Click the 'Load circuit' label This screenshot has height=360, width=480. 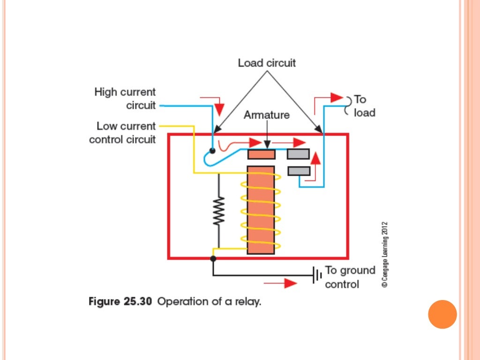pyautogui.click(x=267, y=63)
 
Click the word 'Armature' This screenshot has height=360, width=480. pyautogui.click(x=266, y=115)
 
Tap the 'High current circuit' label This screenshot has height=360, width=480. pyautogui.click(x=125, y=98)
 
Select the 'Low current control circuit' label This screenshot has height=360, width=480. pyautogui.click(x=123, y=133)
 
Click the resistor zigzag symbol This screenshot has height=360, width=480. pyautogui.click(x=218, y=211)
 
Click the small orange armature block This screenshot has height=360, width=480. pyautogui.click(x=261, y=154)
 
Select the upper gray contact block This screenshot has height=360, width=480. pyautogui.click(x=298, y=154)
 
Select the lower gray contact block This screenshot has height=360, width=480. pyautogui.click(x=299, y=171)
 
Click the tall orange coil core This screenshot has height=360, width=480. pyautogui.click(x=260, y=210)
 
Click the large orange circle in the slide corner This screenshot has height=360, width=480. pyautogui.click(x=442, y=314)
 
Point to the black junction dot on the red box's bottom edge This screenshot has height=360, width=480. pyautogui.click(x=213, y=258)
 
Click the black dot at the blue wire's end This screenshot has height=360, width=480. pyautogui.click(x=212, y=151)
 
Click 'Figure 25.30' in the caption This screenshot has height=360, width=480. pyautogui.click(x=120, y=302)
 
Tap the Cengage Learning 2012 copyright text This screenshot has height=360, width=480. pyautogui.click(x=384, y=254)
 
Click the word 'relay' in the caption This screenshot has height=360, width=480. pyautogui.click(x=248, y=302)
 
